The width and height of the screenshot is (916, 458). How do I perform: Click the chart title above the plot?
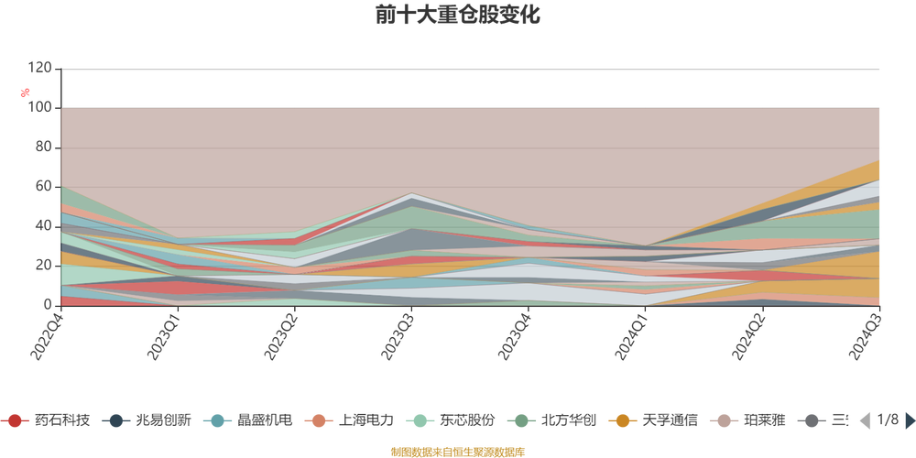coord(457,16)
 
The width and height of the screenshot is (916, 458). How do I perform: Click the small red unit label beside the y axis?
coord(27,92)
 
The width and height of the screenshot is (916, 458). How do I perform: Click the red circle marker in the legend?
coord(15,421)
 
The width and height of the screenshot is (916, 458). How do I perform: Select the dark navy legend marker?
coord(116,421)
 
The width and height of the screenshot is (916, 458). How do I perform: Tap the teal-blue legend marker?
coord(218,421)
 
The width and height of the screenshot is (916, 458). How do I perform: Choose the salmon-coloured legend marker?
coord(319,421)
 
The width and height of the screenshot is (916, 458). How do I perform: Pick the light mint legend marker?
coord(420,421)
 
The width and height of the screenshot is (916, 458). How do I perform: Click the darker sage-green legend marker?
coord(522,421)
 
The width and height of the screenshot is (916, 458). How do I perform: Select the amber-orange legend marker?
coord(624,421)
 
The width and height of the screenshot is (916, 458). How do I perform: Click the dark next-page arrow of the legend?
coord(909,420)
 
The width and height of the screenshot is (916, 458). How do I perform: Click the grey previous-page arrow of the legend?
coord(863,420)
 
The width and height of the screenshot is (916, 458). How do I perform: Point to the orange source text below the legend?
coord(457,450)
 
